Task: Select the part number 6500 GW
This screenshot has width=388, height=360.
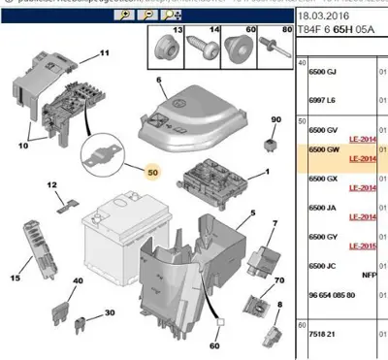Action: click(x=325, y=150)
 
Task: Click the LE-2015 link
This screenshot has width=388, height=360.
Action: click(x=362, y=245)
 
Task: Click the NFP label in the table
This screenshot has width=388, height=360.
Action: click(x=370, y=275)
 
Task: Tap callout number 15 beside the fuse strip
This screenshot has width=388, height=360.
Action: click(x=15, y=278)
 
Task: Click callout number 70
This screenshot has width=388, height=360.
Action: click(x=280, y=280)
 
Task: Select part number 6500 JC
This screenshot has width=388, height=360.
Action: click(x=325, y=264)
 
